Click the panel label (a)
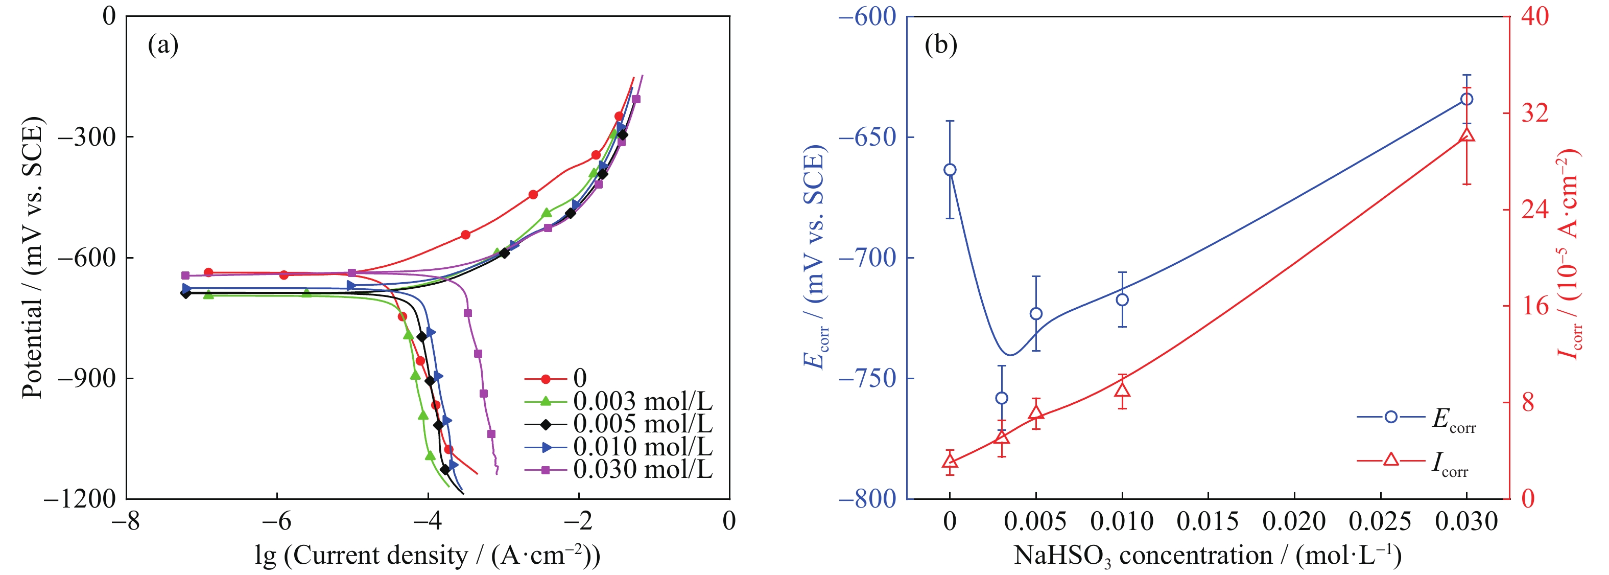click(163, 45)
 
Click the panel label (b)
click(941, 45)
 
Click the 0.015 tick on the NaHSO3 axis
click(1208, 521)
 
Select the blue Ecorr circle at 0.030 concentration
click(1466, 99)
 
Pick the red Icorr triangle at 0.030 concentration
click(1466, 135)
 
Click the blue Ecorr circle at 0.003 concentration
click(1002, 398)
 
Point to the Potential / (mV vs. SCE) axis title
click(33, 257)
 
